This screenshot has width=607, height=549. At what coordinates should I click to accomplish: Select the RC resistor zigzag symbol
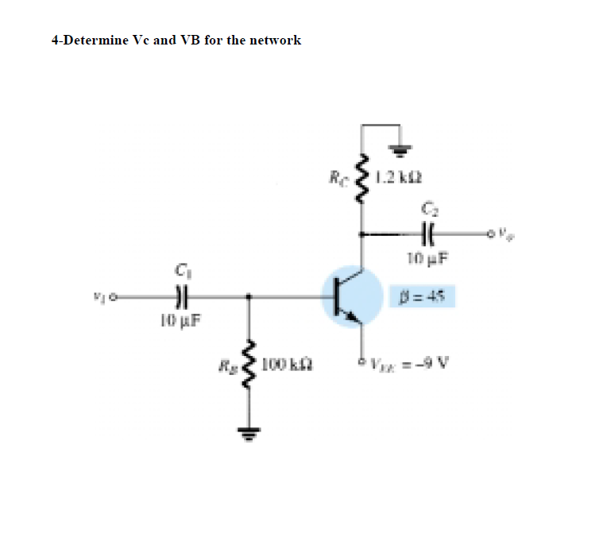[x=362, y=178]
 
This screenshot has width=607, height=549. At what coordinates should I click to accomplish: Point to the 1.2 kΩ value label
[x=395, y=177]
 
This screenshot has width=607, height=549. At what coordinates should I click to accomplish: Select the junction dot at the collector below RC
[x=362, y=234]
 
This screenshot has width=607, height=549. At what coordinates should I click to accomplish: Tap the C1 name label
[x=181, y=273]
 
